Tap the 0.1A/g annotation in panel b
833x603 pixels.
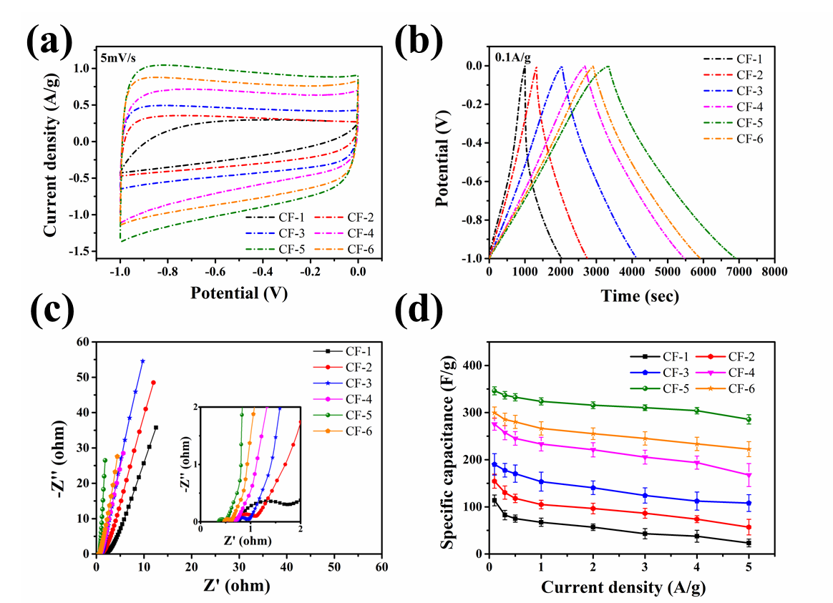click(512, 56)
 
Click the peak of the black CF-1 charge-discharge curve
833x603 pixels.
click(525, 67)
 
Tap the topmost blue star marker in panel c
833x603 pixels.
click(142, 361)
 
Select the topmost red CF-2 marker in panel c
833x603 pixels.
click(153, 383)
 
